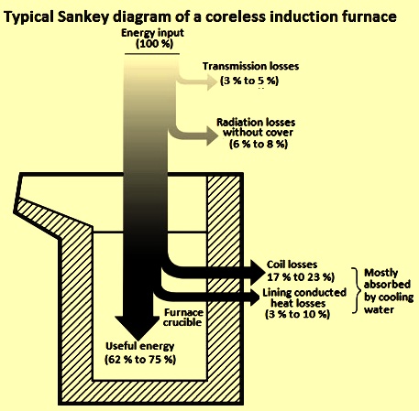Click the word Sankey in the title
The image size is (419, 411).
coord(83,16)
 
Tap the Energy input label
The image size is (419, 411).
coord(152,33)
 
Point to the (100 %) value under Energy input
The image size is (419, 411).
coord(154,44)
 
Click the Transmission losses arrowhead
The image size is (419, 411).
coord(212,81)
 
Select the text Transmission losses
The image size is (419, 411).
coord(250,66)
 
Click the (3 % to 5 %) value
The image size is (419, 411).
coord(249,81)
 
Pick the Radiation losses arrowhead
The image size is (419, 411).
coord(213,136)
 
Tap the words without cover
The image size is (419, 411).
coord(258,133)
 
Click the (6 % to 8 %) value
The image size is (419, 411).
coord(259,144)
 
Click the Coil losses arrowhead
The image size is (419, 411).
coord(258,272)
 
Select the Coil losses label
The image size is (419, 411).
coord(292,265)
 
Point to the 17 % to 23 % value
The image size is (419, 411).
coord(301,277)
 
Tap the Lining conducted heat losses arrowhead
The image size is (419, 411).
coord(256,297)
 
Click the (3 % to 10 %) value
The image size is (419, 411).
coord(297,314)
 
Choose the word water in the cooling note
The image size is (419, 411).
coord(379,309)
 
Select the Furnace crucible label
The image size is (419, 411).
coord(183,318)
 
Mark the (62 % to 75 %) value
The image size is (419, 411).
coord(140,360)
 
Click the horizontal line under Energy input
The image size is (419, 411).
coord(152,54)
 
